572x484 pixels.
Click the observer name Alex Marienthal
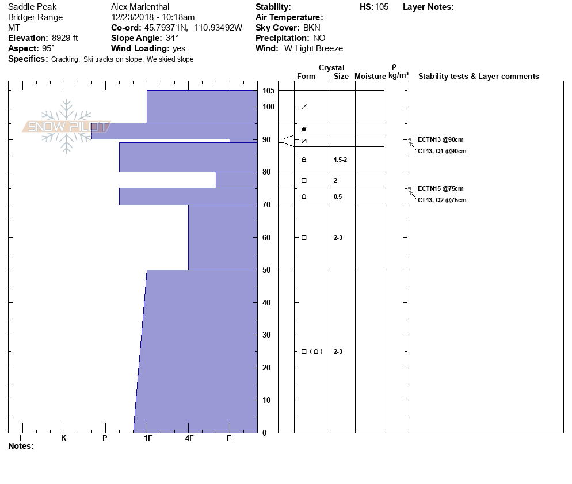click(x=140, y=7)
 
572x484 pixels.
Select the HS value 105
click(x=382, y=7)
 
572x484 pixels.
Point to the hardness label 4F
click(x=189, y=438)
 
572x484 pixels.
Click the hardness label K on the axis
click(x=64, y=438)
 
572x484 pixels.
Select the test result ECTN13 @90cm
click(x=441, y=140)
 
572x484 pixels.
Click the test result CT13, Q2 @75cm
click(x=442, y=201)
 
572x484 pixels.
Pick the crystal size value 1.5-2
click(x=341, y=160)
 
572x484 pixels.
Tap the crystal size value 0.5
click(x=338, y=197)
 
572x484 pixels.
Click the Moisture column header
click(x=370, y=77)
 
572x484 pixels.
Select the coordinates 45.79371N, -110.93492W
click(x=193, y=28)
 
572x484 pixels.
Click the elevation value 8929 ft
click(x=65, y=38)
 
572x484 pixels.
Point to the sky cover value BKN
click(x=312, y=28)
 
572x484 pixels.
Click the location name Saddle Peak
click(x=32, y=7)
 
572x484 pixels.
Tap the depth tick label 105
click(x=269, y=91)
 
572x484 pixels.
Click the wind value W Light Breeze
click(x=314, y=48)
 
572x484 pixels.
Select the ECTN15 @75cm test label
click(x=441, y=188)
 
